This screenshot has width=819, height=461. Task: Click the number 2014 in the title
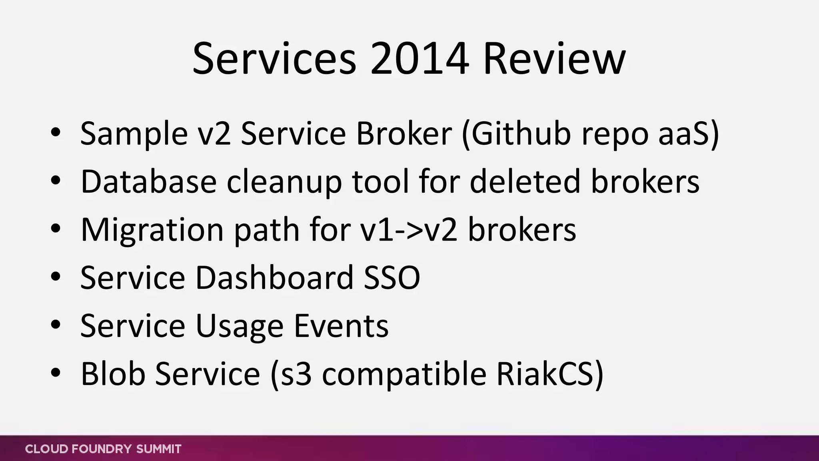point(419,59)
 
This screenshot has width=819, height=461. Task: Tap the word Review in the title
point(554,59)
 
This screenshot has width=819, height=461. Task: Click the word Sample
point(134,134)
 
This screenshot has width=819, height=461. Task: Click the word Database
point(149,182)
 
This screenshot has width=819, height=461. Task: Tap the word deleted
point(525,182)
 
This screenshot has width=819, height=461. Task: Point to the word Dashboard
point(274,277)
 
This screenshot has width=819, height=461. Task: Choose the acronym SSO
point(392,277)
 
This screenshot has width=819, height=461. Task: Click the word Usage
point(240,326)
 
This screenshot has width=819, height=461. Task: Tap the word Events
point(341,325)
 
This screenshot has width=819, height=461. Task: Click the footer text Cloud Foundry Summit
point(103,449)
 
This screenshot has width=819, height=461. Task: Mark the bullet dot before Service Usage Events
point(56,325)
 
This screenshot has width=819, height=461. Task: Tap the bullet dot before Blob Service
point(56,373)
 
